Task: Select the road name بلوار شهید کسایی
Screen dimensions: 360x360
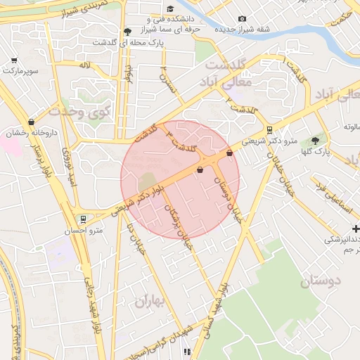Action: [214, 309]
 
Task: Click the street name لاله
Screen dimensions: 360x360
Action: [85, 65]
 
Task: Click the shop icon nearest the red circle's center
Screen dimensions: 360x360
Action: [200, 169]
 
